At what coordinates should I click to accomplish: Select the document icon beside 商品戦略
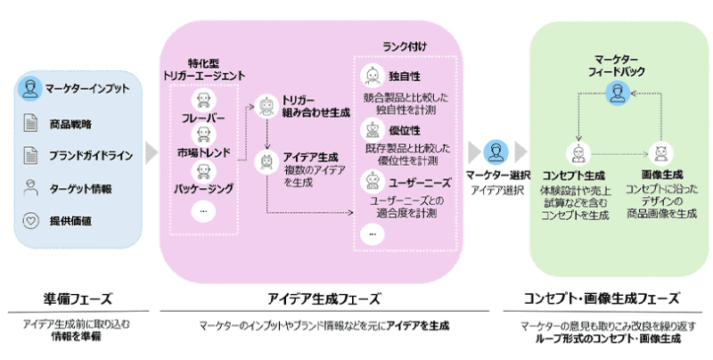pos(30,122)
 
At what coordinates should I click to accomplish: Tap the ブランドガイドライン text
pos(92,155)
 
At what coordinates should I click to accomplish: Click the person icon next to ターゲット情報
pos(30,188)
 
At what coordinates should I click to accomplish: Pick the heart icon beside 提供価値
pos(30,220)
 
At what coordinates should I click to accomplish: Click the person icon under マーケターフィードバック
pos(618,93)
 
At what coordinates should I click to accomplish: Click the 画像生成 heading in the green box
pos(661,176)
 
